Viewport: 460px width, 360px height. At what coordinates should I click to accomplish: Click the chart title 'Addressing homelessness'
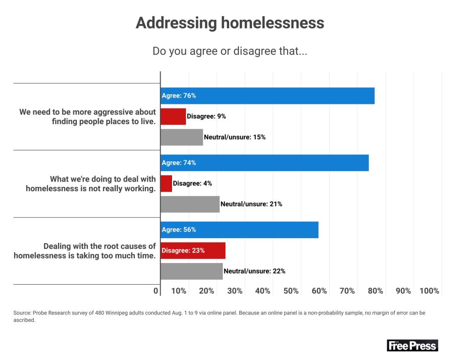pyautogui.click(x=230, y=23)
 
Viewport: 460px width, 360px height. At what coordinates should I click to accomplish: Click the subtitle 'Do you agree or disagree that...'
pyautogui.click(x=230, y=51)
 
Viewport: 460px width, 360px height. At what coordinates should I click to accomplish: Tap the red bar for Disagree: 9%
pyautogui.click(x=173, y=117)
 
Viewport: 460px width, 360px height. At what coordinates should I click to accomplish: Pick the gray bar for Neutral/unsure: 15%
pyautogui.click(x=181, y=137)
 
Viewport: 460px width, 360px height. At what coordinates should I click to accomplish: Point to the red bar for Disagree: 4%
pyautogui.click(x=166, y=183)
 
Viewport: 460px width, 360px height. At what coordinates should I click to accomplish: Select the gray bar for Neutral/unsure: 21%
pyautogui.click(x=190, y=204)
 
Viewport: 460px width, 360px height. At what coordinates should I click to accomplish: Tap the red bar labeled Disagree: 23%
pyautogui.click(x=193, y=251)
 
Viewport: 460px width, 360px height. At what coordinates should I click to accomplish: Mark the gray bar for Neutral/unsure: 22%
pyautogui.click(x=191, y=271)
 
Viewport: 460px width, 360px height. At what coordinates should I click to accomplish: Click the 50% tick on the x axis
pyautogui.click(x=291, y=291)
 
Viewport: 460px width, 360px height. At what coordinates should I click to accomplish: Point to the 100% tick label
pyautogui.click(x=429, y=291)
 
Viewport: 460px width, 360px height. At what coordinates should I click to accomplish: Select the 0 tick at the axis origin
pyautogui.click(x=156, y=291)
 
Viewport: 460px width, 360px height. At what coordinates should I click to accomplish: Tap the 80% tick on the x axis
pyautogui.click(x=375, y=291)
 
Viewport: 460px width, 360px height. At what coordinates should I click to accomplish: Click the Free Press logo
pyautogui.click(x=412, y=345)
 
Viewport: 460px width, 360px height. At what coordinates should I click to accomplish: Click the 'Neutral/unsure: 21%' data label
pyautogui.click(x=251, y=204)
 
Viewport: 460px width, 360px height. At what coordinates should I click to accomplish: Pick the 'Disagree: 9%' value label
pyautogui.click(x=206, y=117)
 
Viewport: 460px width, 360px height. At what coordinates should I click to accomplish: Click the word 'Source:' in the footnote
pyautogui.click(x=23, y=313)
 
